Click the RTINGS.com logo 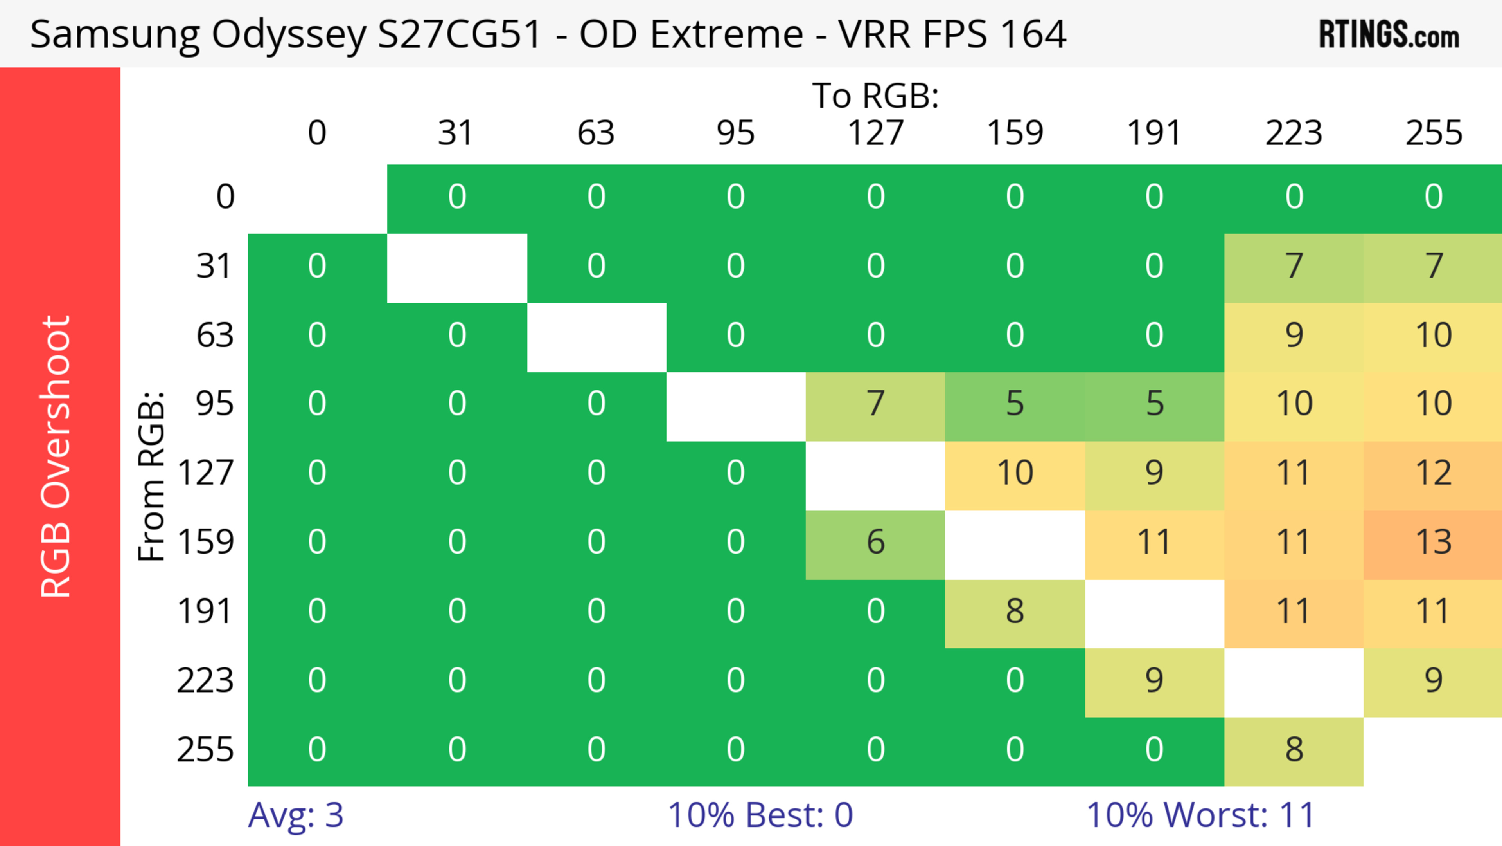pyautogui.click(x=1389, y=35)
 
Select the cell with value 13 pyautogui.click(x=1433, y=542)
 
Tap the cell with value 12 pyautogui.click(x=1433, y=473)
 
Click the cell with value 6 pyautogui.click(x=875, y=542)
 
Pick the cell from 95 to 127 pyautogui.click(x=875, y=404)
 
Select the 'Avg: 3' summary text pyautogui.click(x=296, y=815)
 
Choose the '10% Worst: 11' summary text pyautogui.click(x=1200, y=815)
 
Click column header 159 pyautogui.click(x=1015, y=133)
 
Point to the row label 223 pyautogui.click(x=205, y=680)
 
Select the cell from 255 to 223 pyautogui.click(x=1294, y=750)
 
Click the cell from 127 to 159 pyautogui.click(x=1015, y=473)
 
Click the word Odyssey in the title pyautogui.click(x=289, y=35)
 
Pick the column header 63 pyautogui.click(x=596, y=133)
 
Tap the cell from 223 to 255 pyautogui.click(x=1433, y=680)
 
